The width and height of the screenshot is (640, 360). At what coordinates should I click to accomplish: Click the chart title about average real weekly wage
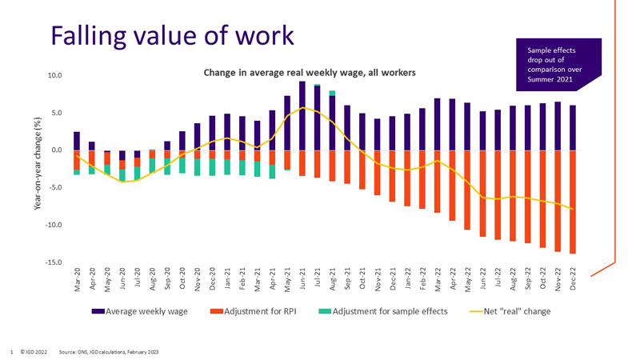[310, 73]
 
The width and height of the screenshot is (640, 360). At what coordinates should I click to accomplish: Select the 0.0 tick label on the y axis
[56, 150]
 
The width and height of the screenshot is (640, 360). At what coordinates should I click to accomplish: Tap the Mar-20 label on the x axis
[77, 281]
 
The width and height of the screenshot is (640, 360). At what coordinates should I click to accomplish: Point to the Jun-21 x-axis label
[302, 281]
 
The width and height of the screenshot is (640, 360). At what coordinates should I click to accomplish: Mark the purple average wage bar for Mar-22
[437, 124]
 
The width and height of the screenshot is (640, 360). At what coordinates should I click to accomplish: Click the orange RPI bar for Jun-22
[482, 193]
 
